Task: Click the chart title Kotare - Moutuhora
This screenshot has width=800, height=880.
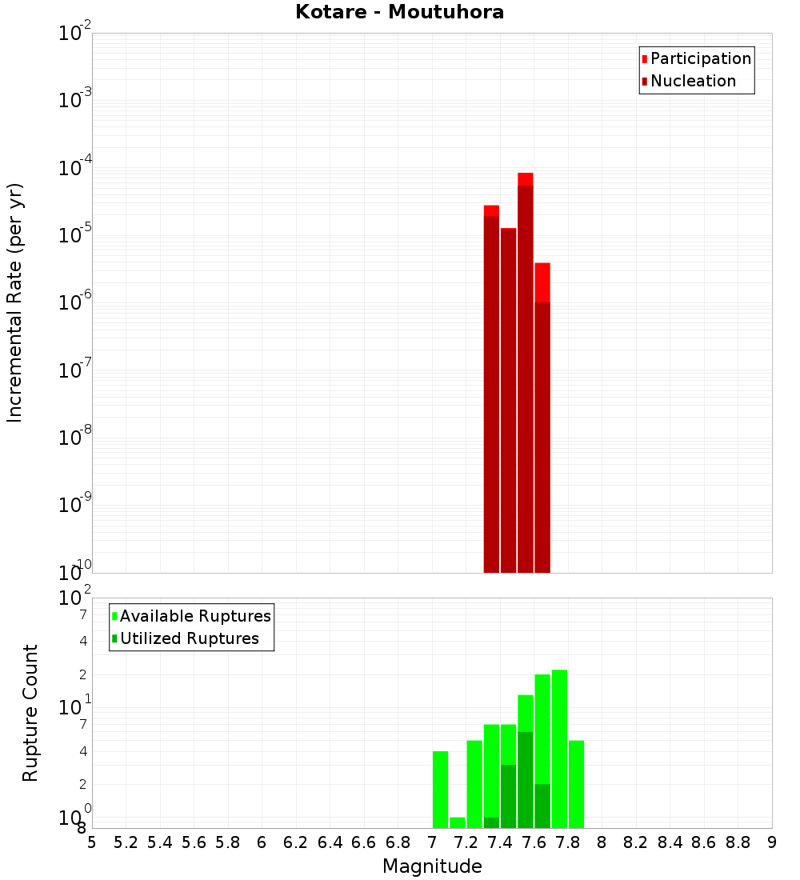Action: coord(399,12)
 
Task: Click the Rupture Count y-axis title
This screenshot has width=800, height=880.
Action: coord(30,713)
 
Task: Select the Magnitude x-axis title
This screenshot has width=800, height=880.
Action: coord(432,866)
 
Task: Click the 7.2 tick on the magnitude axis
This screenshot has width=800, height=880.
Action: coord(466,842)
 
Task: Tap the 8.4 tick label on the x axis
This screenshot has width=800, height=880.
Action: coord(670,842)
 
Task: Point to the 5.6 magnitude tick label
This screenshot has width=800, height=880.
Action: coord(194,842)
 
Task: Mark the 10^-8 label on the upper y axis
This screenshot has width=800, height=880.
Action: coord(75,438)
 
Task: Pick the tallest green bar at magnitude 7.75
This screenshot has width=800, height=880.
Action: coord(559,748)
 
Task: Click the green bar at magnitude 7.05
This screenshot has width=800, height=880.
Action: coord(440,789)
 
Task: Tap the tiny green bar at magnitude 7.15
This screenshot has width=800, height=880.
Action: coord(458,822)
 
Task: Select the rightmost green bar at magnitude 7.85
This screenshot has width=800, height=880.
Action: coord(576,784)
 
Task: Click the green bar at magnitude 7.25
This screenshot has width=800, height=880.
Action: coord(474,784)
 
